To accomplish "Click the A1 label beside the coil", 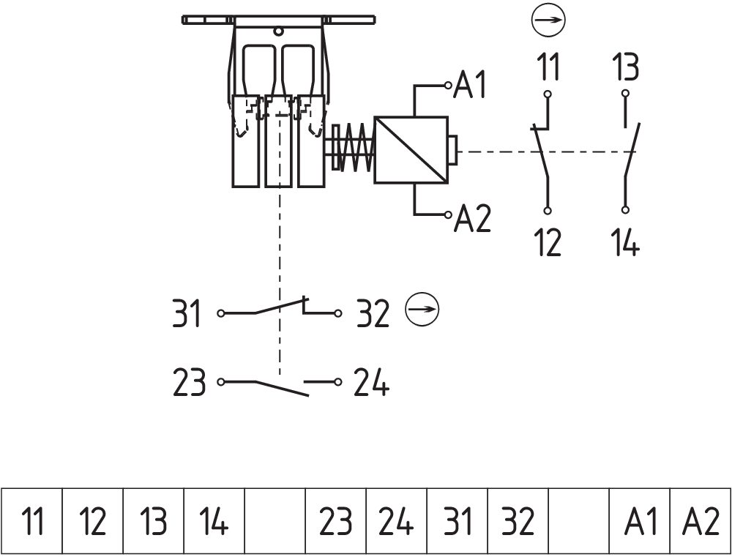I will click(x=472, y=86).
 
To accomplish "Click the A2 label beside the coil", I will click(x=473, y=218).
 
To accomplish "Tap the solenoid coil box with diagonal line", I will click(x=411, y=149).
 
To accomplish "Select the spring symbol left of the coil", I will click(x=354, y=146).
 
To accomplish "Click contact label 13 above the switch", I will click(x=625, y=67).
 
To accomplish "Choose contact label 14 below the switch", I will click(x=625, y=242).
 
